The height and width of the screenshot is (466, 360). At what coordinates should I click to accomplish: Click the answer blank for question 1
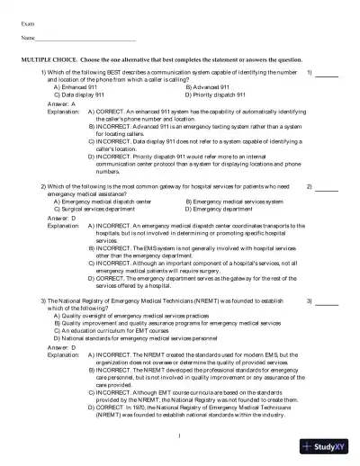(x=327, y=73)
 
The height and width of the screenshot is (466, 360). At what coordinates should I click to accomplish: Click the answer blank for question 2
(x=327, y=188)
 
